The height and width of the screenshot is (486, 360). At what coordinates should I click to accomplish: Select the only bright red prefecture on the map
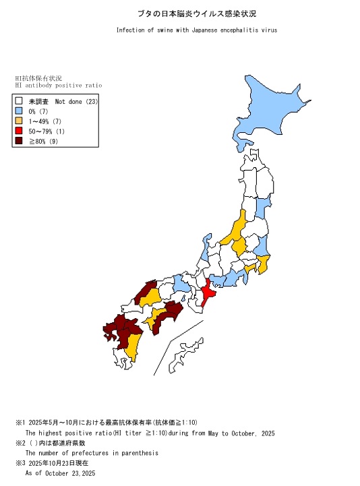coord(209,294)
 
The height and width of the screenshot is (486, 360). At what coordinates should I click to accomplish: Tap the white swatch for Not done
coord(20,102)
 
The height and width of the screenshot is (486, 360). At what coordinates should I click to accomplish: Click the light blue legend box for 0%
coord(20,111)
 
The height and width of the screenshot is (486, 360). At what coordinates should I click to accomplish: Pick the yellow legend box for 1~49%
coord(20,121)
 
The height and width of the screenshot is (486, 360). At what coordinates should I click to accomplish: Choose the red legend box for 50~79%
coord(20,131)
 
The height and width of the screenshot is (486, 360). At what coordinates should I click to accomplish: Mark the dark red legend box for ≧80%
coord(20,141)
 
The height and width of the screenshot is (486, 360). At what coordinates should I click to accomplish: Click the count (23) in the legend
coord(92,102)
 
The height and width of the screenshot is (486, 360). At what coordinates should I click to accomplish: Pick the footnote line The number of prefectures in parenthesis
coord(92,453)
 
